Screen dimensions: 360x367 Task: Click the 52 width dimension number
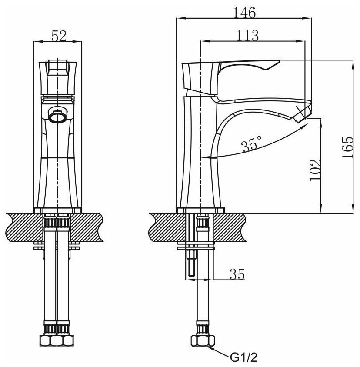point(58,36)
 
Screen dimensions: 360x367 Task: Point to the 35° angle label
point(253,144)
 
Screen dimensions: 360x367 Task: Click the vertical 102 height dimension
point(316,170)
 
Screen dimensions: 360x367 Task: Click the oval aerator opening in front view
point(58,116)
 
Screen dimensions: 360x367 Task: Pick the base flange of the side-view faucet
point(200,210)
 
